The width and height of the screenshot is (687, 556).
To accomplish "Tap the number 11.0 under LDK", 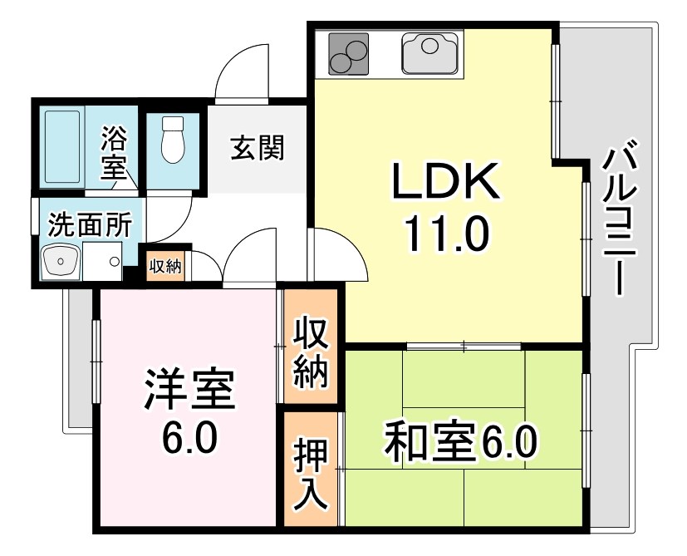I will (x=444, y=234).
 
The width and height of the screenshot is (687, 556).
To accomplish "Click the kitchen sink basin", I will (x=429, y=52).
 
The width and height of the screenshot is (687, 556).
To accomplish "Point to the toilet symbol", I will (x=172, y=139).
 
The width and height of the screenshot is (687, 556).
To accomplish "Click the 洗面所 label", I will (x=89, y=225).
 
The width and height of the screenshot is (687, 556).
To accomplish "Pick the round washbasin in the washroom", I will (x=61, y=264).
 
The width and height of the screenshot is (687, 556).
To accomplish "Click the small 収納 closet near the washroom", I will (x=165, y=266).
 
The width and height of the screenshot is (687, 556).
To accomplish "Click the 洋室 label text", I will (x=190, y=391).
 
